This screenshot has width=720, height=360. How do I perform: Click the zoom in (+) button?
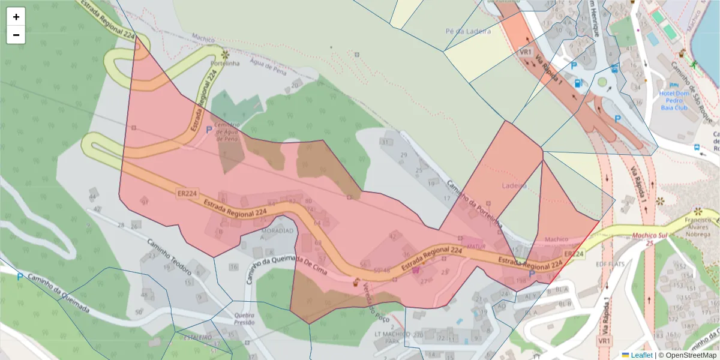[16, 17]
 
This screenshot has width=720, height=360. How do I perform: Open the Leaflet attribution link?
[641, 355]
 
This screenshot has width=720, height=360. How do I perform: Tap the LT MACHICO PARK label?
[392, 337]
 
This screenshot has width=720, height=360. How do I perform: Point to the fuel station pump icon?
[578, 83]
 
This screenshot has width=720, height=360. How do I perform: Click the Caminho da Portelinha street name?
[474, 203]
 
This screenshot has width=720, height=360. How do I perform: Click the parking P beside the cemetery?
[209, 129]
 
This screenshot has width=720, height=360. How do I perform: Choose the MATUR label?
[476, 245]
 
